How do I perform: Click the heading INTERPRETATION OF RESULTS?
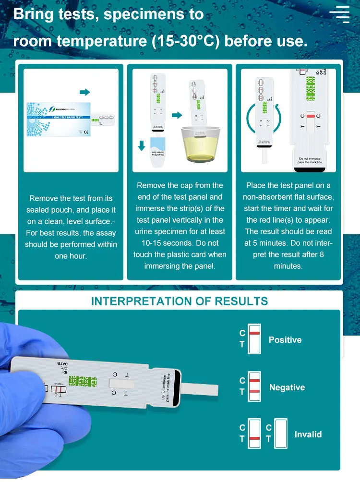[x=180, y=301]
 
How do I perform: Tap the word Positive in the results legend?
[x=285, y=340]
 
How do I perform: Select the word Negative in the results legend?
[x=287, y=387]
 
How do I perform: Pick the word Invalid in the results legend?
[x=308, y=434]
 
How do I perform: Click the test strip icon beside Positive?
[x=254, y=339]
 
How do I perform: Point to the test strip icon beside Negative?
[x=254, y=386]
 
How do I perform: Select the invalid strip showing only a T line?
[x=254, y=434]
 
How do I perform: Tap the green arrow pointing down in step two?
[x=142, y=145]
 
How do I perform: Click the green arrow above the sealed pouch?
[x=84, y=92]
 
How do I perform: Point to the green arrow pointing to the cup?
[x=177, y=115]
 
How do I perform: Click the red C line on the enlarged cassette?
[x=311, y=117]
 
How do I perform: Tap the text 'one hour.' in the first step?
[x=71, y=256]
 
